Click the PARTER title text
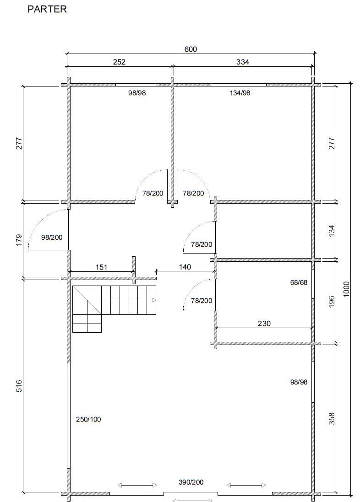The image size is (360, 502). pyautogui.click(x=47, y=9)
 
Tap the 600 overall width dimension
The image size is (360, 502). pyautogui.click(x=191, y=49)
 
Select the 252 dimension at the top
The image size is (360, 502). pyautogui.click(x=119, y=62)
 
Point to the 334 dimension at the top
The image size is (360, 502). pyautogui.click(x=243, y=62)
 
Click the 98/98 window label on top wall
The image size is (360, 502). pyautogui.click(x=137, y=93)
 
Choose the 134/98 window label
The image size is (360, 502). pyautogui.click(x=240, y=93)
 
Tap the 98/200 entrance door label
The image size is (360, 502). pyautogui.click(x=52, y=237)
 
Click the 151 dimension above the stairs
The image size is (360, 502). pyautogui.click(x=101, y=267)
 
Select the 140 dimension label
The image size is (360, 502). pyautogui.click(x=185, y=267)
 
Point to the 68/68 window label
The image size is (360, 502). pyautogui.click(x=299, y=282)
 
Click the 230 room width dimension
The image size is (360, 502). pyautogui.click(x=264, y=324)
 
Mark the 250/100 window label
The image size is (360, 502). pyautogui.click(x=88, y=419)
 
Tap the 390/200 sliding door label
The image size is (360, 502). pyautogui.click(x=191, y=482)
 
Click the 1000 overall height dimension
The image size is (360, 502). pyautogui.click(x=346, y=289)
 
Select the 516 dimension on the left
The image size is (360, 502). pyautogui.click(x=19, y=386)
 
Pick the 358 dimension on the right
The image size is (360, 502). pyautogui.click(x=332, y=419)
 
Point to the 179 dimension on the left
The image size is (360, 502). pyautogui.click(x=19, y=240)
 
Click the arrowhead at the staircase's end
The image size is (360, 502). pyautogui.click(x=154, y=300)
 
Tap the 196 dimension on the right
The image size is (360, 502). pyautogui.click(x=332, y=302)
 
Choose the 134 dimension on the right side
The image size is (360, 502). pyautogui.click(x=332, y=231)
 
